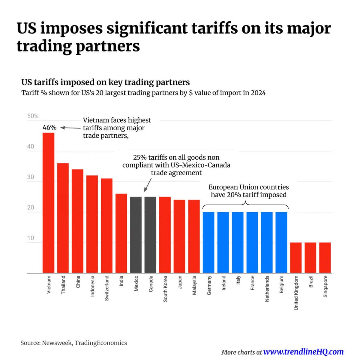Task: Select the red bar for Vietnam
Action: tap(48, 202)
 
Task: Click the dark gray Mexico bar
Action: tap(136, 235)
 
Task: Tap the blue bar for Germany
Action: tap(208, 242)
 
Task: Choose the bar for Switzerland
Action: tap(106, 226)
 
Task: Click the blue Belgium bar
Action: tap(281, 242)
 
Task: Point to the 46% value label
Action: tap(49, 127)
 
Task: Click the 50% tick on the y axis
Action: tap(33, 116)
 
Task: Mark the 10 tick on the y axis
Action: tap(31, 238)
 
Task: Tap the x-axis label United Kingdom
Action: tap(296, 293)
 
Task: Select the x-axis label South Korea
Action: tap(165, 289)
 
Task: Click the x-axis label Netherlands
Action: tap(267, 289)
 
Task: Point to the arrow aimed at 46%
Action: tap(70, 128)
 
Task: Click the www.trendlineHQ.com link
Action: tap(303, 352)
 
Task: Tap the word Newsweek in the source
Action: tap(57, 343)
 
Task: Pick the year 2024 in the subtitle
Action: tap(258, 93)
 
